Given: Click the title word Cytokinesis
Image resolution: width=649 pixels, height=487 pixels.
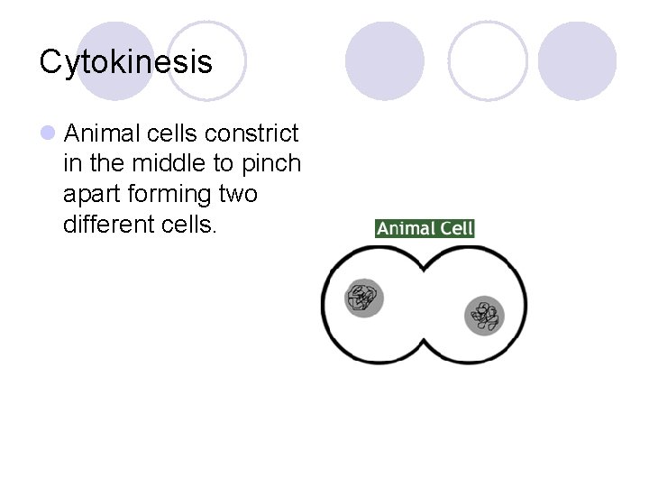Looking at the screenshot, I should pyautogui.click(x=126, y=62).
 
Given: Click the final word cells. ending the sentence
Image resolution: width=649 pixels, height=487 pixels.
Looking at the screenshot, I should pyautogui.click(x=191, y=224).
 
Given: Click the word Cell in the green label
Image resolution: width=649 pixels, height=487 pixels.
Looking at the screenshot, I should pyautogui.click(x=456, y=228).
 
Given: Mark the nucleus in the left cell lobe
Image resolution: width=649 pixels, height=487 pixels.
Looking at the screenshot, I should pyautogui.click(x=364, y=298).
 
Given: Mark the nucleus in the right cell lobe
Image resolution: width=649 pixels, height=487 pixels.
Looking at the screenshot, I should pyautogui.click(x=485, y=316).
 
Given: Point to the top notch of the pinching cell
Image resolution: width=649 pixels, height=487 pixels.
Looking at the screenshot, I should pyautogui.click(x=425, y=268).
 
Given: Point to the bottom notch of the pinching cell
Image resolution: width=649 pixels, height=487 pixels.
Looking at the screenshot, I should pyautogui.click(x=425, y=342).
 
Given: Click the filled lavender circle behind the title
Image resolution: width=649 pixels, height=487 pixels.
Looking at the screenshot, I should pyautogui.click(x=114, y=60).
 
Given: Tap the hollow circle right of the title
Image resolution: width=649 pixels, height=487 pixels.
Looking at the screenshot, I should pyautogui.click(x=206, y=60).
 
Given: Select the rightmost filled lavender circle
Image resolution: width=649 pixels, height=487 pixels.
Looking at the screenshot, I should pyautogui.click(x=578, y=60).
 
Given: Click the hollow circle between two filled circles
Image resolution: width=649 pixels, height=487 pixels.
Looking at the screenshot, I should pyautogui.click(x=488, y=60).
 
